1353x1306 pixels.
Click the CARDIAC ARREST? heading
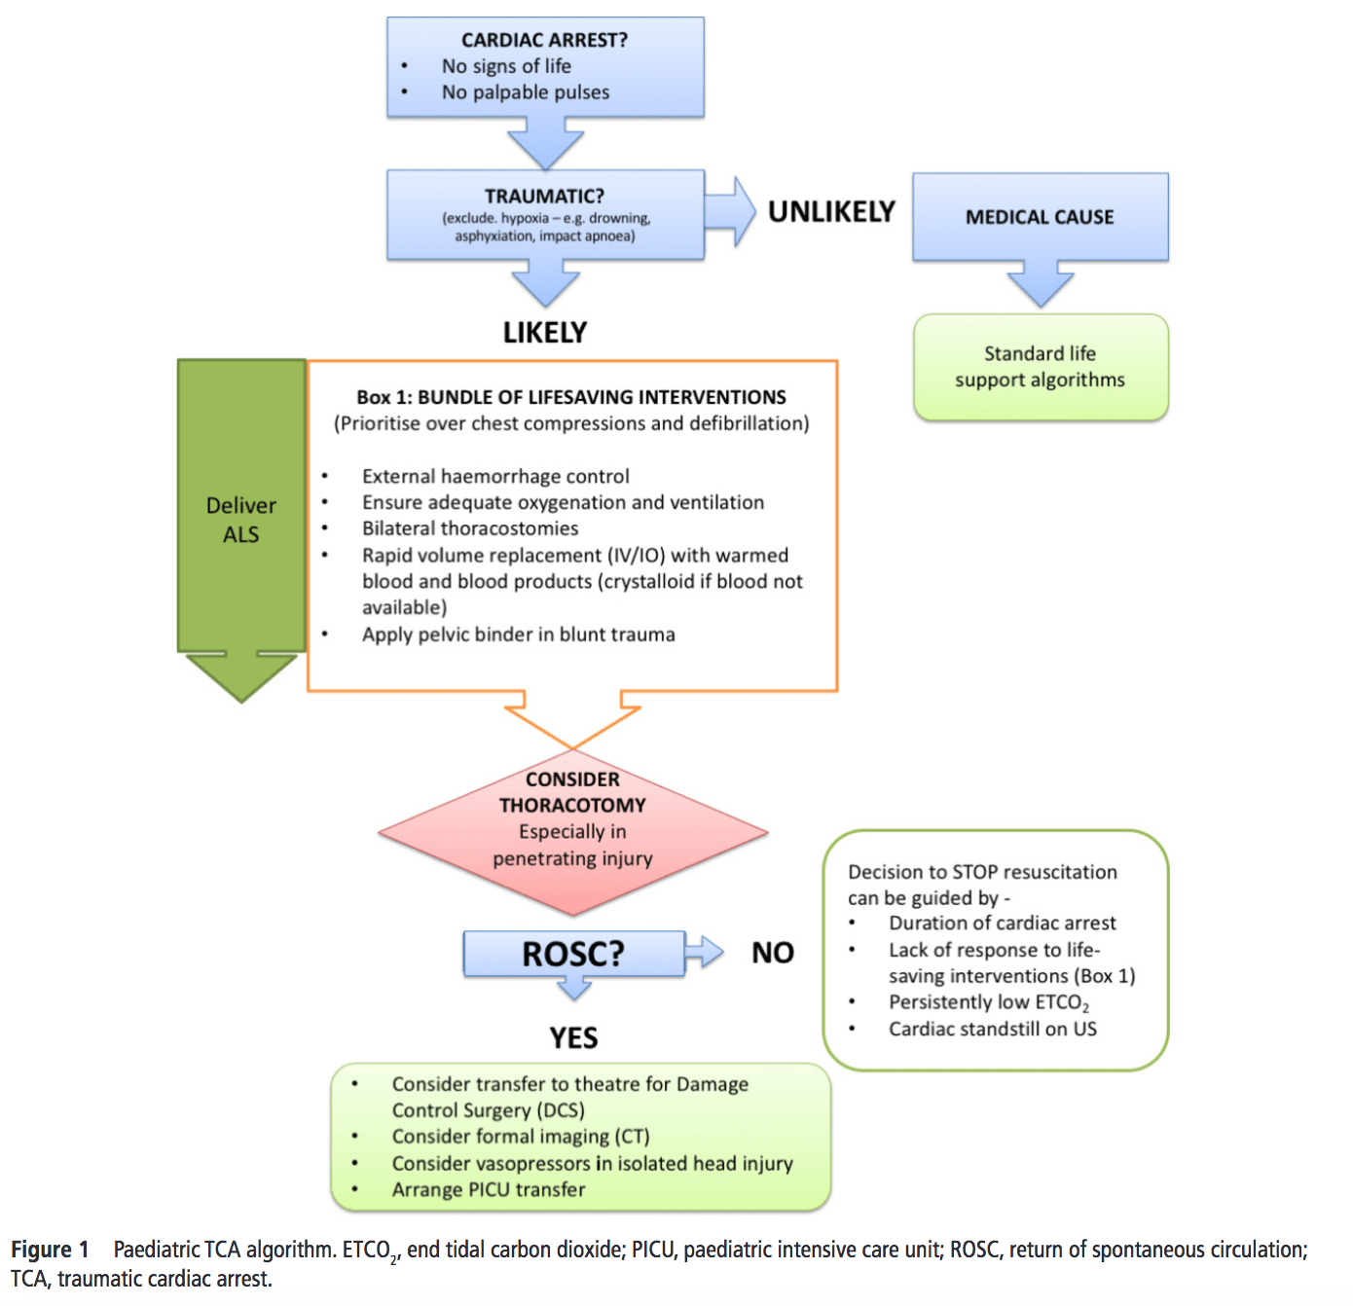coord(544,40)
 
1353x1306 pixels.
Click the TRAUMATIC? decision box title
coord(544,197)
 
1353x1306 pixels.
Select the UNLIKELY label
coord(831,212)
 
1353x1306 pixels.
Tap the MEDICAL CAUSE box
coord(1040,217)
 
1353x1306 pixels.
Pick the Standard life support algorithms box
coord(1040,367)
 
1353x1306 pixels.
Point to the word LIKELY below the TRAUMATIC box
coord(545,333)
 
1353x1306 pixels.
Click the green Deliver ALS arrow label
coord(241,520)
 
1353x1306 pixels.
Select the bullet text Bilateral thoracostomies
coord(470,528)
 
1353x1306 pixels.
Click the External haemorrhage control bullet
coord(495,476)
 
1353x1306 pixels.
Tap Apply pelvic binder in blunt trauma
coord(519,635)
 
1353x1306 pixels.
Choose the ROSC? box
coord(573,954)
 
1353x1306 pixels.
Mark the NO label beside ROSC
coord(773,953)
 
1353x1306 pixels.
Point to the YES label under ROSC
coord(573,1038)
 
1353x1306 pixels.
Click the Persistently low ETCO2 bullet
coord(988,1002)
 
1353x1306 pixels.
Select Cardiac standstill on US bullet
coord(992,1029)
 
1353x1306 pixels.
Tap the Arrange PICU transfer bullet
coord(489,1189)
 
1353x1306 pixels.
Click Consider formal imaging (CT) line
coord(521,1137)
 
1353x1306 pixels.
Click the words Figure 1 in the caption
coord(50,1250)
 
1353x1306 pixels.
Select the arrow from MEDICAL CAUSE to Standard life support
coord(1040,285)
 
